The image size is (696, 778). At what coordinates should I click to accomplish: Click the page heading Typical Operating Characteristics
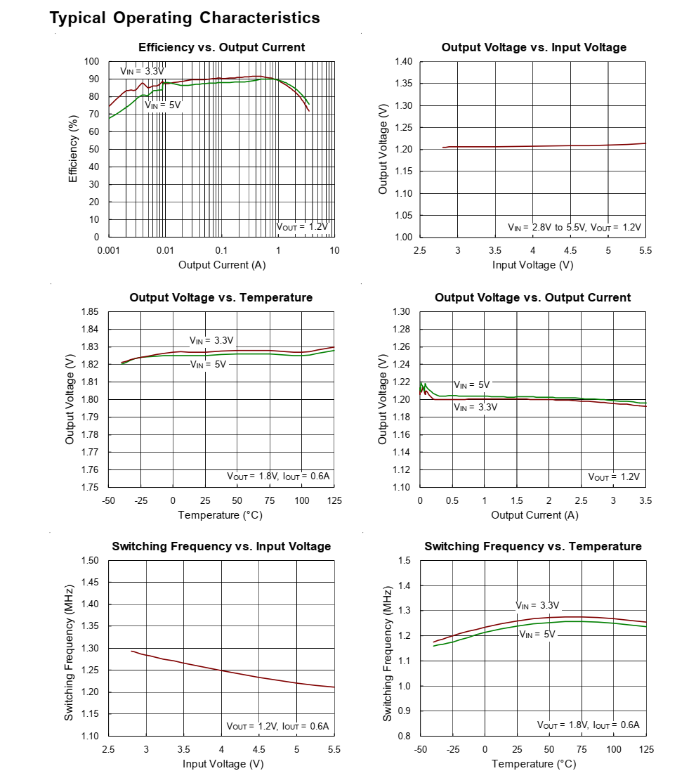185,18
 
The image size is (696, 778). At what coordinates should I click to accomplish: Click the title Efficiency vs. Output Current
221,48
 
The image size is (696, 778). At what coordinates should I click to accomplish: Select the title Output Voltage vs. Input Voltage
534,48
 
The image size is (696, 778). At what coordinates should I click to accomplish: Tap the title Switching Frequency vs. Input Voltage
221,547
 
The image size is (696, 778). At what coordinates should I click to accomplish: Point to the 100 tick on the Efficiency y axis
92,62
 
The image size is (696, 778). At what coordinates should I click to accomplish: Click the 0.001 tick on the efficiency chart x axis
108,251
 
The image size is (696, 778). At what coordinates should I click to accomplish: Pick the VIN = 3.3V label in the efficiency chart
142,71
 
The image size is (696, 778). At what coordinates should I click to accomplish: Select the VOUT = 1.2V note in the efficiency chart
302,227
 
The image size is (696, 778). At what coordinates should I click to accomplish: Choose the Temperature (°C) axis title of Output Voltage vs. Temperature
220,515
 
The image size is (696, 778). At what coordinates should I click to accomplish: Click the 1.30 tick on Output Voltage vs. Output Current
401,312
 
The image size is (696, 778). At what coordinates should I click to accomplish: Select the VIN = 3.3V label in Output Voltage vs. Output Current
475,408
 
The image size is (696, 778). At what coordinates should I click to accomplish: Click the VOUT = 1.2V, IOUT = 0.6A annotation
277,726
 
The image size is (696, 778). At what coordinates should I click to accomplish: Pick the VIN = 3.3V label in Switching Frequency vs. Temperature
537,605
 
